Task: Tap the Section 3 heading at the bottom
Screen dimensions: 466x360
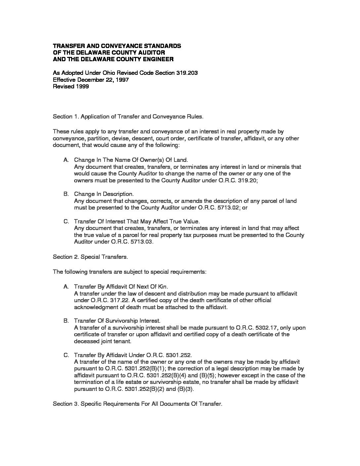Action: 138,404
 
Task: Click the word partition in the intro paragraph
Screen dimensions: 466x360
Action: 97,138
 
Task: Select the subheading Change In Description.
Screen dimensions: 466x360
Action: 104,194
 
